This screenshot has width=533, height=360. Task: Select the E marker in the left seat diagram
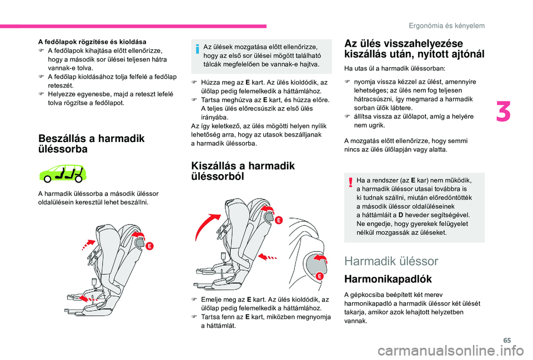[x=150, y=246]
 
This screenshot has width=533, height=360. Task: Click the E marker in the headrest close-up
[x=319, y=276]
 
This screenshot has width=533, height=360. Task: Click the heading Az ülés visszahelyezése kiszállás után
[x=414, y=49]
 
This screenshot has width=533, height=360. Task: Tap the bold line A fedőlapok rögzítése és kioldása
[x=92, y=42]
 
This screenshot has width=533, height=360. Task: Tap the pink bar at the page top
[x=133, y=26]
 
